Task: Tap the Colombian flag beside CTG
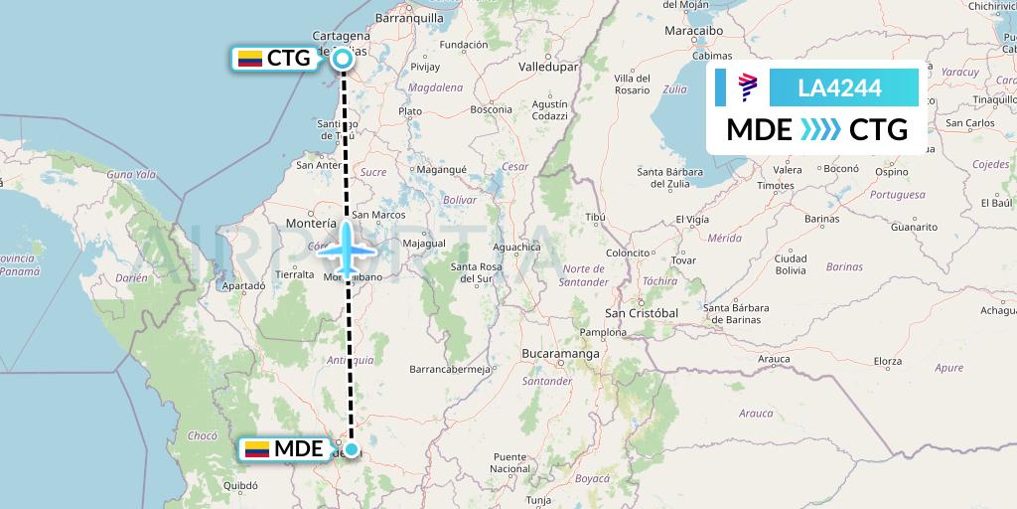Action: point(249,59)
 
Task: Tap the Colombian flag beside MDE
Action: point(257,449)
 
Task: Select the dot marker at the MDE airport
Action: point(351,449)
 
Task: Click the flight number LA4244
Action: point(839,87)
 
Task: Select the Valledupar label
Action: point(548,67)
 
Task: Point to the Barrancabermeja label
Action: point(451,369)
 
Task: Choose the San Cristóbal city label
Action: point(641,313)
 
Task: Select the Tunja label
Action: point(537,500)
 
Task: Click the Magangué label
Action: point(440,170)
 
